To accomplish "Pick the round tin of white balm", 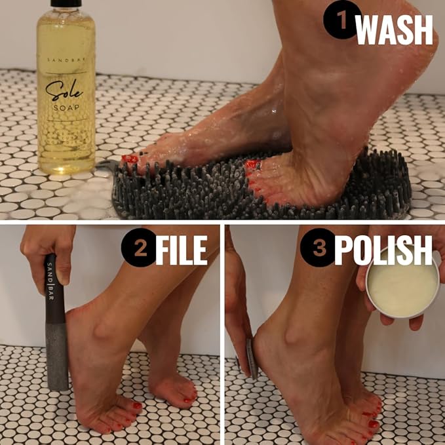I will pos(402,284).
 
